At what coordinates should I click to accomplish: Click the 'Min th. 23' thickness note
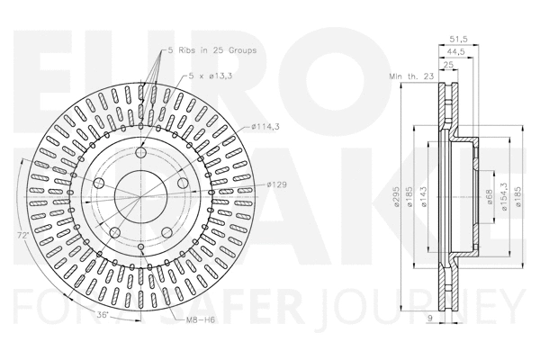412,77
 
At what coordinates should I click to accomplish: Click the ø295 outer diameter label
397,202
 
